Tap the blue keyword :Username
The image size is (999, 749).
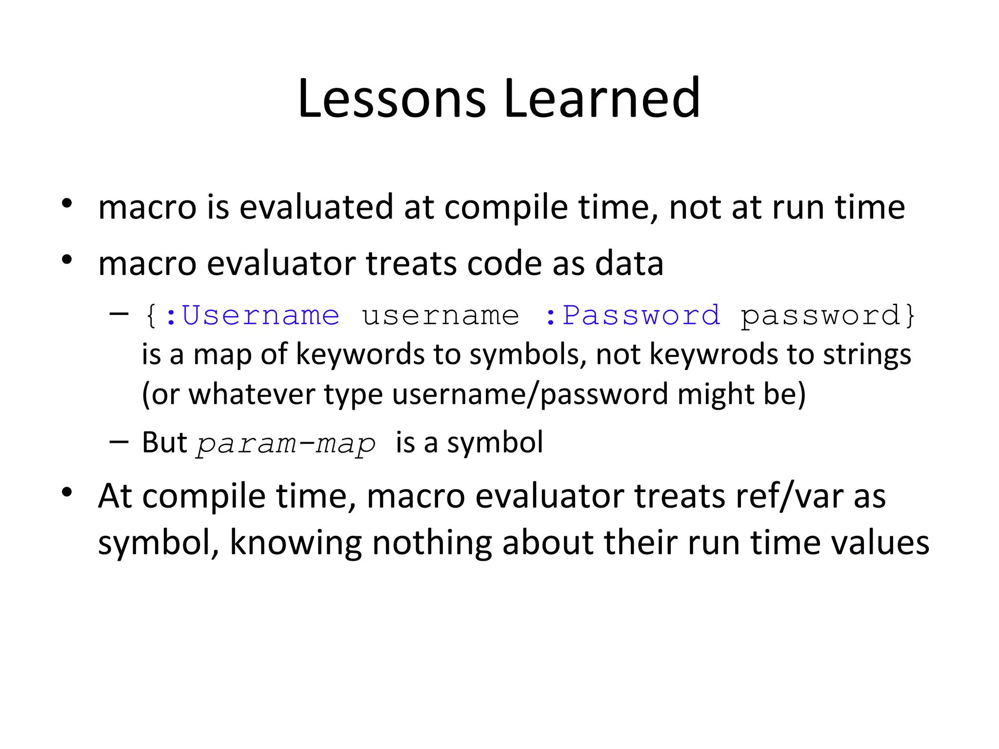tap(252, 315)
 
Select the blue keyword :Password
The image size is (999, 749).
tap(632, 315)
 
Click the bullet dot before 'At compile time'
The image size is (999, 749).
tap(67, 492)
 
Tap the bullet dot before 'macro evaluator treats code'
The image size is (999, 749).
tap(67, 259)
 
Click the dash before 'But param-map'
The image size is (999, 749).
tap(119, 442)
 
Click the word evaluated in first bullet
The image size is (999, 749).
tap(316, 207)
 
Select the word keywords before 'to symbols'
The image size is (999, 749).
tap(360, 355)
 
